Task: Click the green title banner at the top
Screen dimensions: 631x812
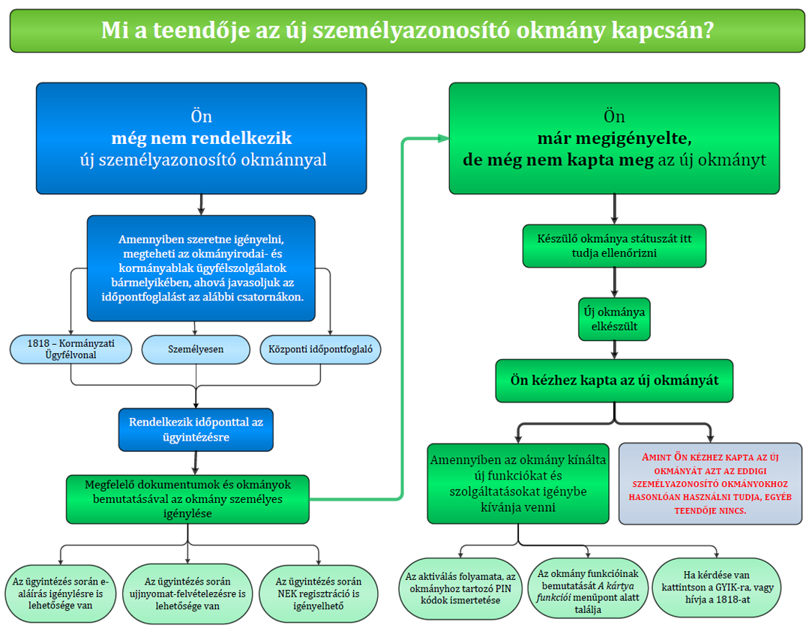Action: [406, 31]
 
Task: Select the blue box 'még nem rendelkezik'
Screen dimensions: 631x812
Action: [201, 139]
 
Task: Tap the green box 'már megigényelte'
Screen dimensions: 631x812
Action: [614, 139]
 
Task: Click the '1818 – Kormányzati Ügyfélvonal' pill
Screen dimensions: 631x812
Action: [71, 348]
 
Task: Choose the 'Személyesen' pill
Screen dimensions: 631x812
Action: [196, 348]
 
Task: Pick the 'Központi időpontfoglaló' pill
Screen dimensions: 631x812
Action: [320, 348]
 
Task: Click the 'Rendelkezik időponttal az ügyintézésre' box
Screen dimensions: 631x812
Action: [196, 429]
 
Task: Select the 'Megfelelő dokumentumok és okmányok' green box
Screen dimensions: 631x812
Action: [187, 498]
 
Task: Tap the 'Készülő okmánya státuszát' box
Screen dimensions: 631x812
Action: [614, 246]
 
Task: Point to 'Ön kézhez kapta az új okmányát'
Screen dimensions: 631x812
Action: [614, 381]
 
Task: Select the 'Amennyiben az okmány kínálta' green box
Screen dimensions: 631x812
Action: [517, 483]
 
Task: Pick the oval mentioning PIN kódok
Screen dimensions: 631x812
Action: [460, 589]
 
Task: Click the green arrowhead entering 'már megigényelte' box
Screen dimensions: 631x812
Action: [442, 139]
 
